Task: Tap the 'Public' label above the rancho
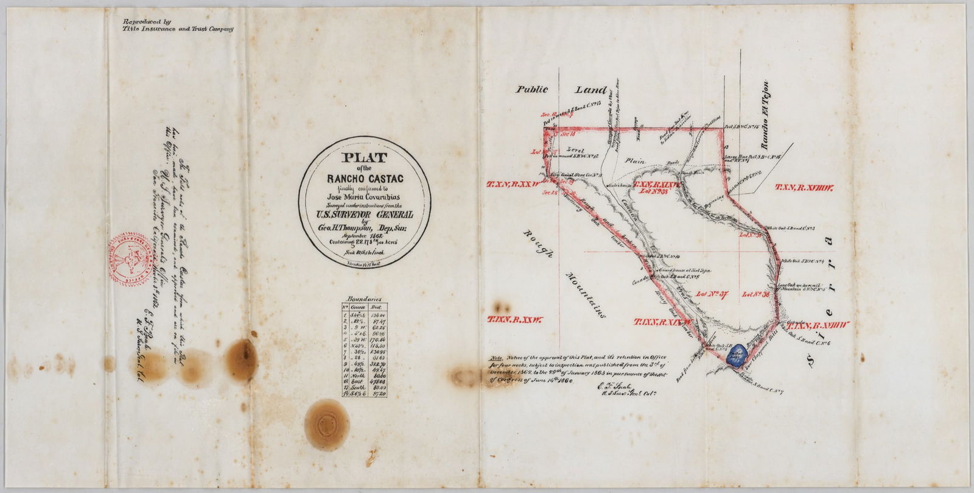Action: [533, 89]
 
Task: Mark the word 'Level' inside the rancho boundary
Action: [575, 149]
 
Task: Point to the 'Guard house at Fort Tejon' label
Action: [681, 270]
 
